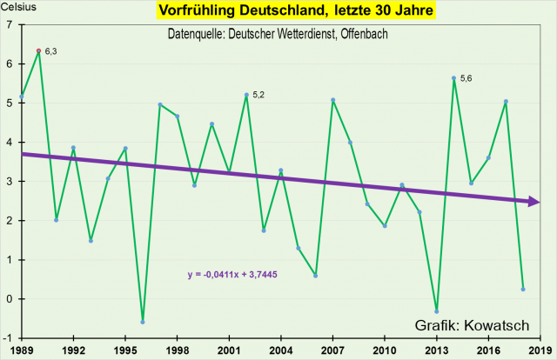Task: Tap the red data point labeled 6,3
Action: [38, 51]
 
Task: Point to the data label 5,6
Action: [466, 79]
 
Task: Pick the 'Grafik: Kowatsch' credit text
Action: [471, 325]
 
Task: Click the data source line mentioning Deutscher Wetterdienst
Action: [277, 34]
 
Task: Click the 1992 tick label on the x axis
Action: [73, 350]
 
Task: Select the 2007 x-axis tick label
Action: [332, 350]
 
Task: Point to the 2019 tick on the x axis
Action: [539, 350]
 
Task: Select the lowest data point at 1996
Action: [143, 322]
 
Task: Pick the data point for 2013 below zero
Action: [436, 311]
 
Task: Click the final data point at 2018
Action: [522, 289]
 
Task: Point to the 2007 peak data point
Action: [332, 100]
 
